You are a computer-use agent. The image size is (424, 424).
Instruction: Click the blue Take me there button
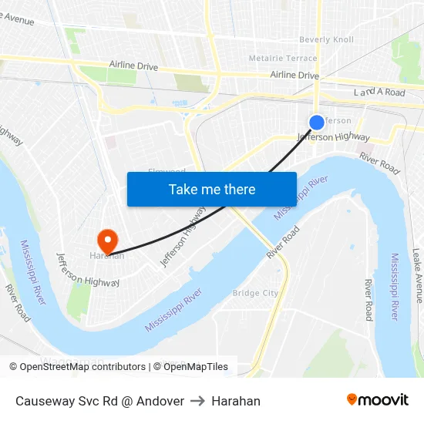pos(212,189)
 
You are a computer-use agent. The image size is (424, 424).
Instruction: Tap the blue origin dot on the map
pos(317,123)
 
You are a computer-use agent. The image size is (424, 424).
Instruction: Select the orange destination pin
pos(107,239)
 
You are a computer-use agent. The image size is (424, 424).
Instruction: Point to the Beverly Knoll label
pos(326,39)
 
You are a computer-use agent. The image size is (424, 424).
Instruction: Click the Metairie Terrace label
pos(283,58)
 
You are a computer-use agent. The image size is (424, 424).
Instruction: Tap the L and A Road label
pos(379,93)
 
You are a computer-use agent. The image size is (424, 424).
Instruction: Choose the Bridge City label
pos(255,293)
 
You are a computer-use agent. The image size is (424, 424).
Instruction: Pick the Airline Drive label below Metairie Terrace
pos(294,76)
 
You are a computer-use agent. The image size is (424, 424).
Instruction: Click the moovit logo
pos(378,400)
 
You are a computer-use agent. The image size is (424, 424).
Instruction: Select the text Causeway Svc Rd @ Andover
pos(99,401)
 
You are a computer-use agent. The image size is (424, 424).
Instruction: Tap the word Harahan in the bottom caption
pos(236,401)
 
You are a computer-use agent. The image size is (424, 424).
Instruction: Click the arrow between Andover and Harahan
pos(197,401)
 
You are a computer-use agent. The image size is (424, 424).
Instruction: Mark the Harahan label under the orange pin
pos(107,256)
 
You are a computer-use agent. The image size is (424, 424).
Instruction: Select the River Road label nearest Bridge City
pos(283,242)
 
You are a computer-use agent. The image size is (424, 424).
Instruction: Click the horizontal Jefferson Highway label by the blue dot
pos(334,137)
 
